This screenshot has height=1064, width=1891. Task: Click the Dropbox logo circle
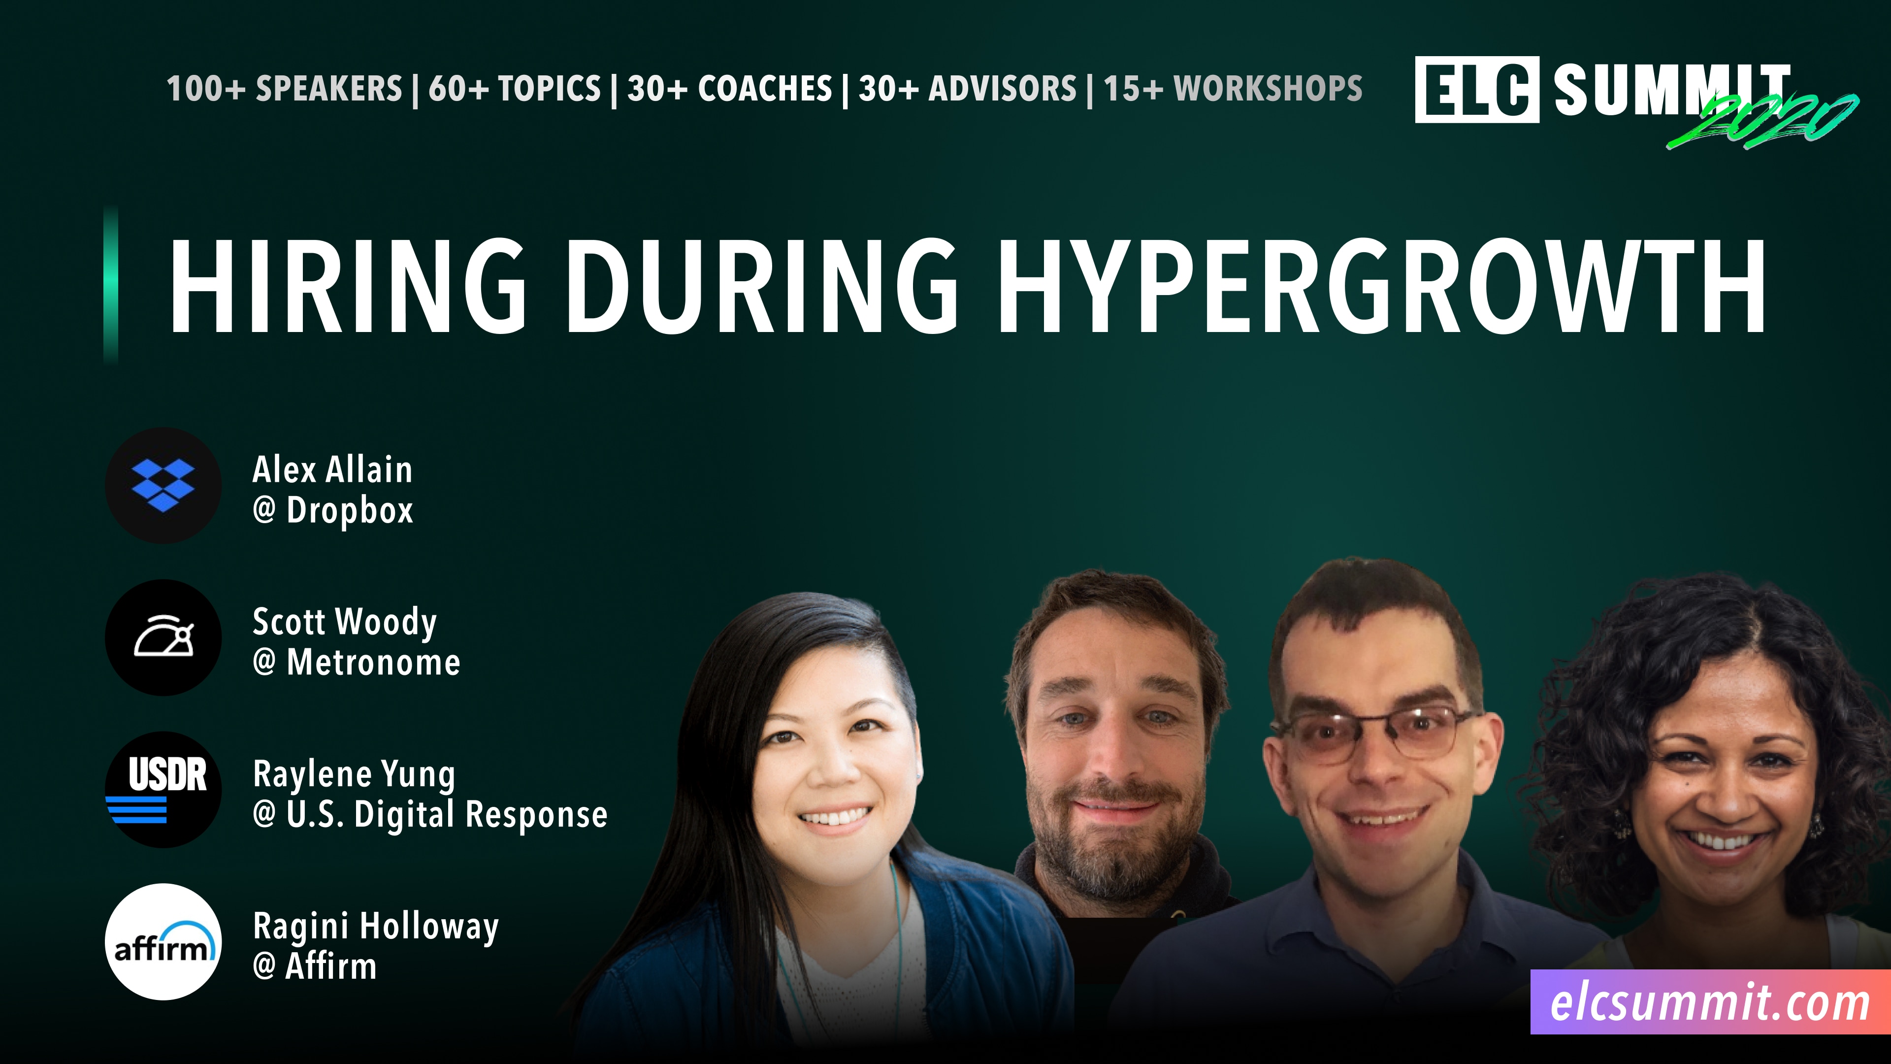coord(163,485)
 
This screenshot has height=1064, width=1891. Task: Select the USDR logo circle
coord(163,789)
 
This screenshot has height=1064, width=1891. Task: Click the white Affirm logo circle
coord(163,941)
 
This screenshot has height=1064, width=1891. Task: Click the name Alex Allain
coord(332,470)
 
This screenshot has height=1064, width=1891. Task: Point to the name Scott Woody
coord(344,622)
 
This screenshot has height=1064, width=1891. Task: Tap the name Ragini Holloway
coord(375,927)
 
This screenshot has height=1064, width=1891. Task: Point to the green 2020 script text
coord(1762,121)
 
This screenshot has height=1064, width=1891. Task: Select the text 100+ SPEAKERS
coord(284,89)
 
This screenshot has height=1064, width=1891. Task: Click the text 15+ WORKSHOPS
coord(1233,89)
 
